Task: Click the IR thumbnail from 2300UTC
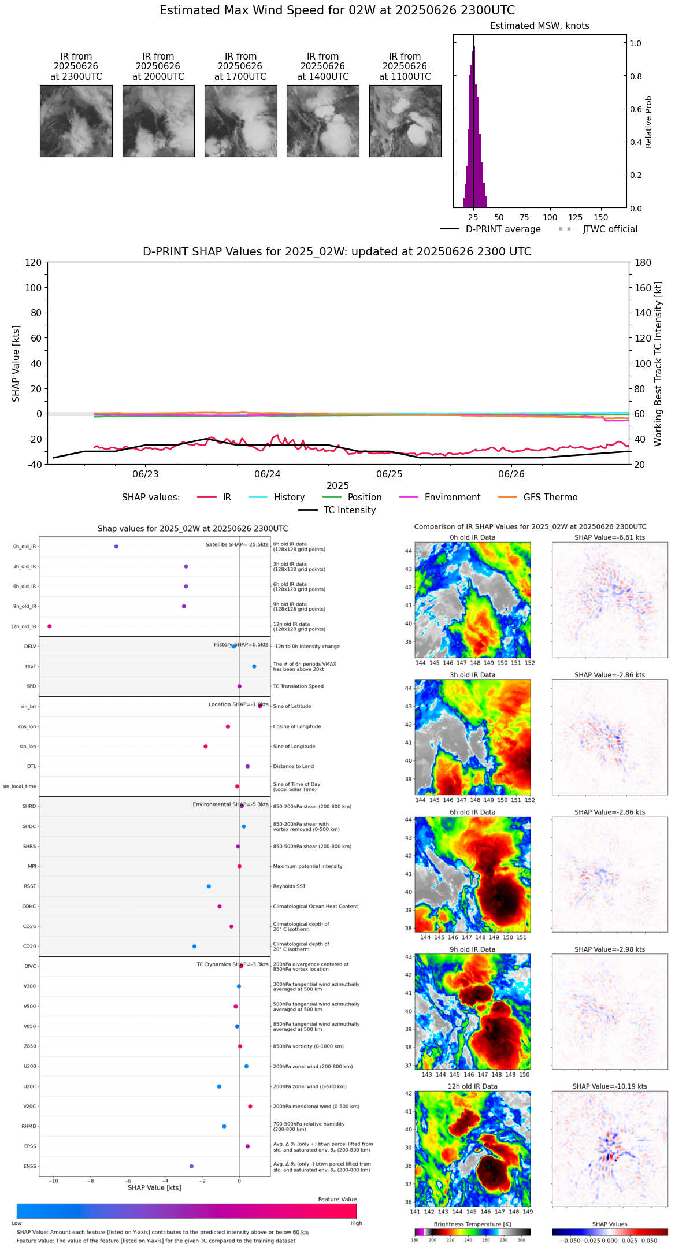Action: pos(76,121)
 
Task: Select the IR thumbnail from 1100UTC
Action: pos(405,121)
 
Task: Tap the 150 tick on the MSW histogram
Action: pos(601,217)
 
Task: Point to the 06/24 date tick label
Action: pos(268,474)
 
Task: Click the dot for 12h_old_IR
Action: pos(50,626)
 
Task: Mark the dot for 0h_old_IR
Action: pos(116,547)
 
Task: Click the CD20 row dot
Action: pos(194,947)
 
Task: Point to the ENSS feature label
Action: pos(29,1166)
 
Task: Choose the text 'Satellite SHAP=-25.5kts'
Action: pos(237,545)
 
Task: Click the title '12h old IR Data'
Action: pos(472,1086)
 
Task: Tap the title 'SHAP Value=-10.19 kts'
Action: pos(610,1086)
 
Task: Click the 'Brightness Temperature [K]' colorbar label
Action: pos(472,1224)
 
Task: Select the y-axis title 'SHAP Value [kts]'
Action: pos(16,363)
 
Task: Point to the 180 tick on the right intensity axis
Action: pos(643,263)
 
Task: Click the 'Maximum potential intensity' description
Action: pos(307,866)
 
